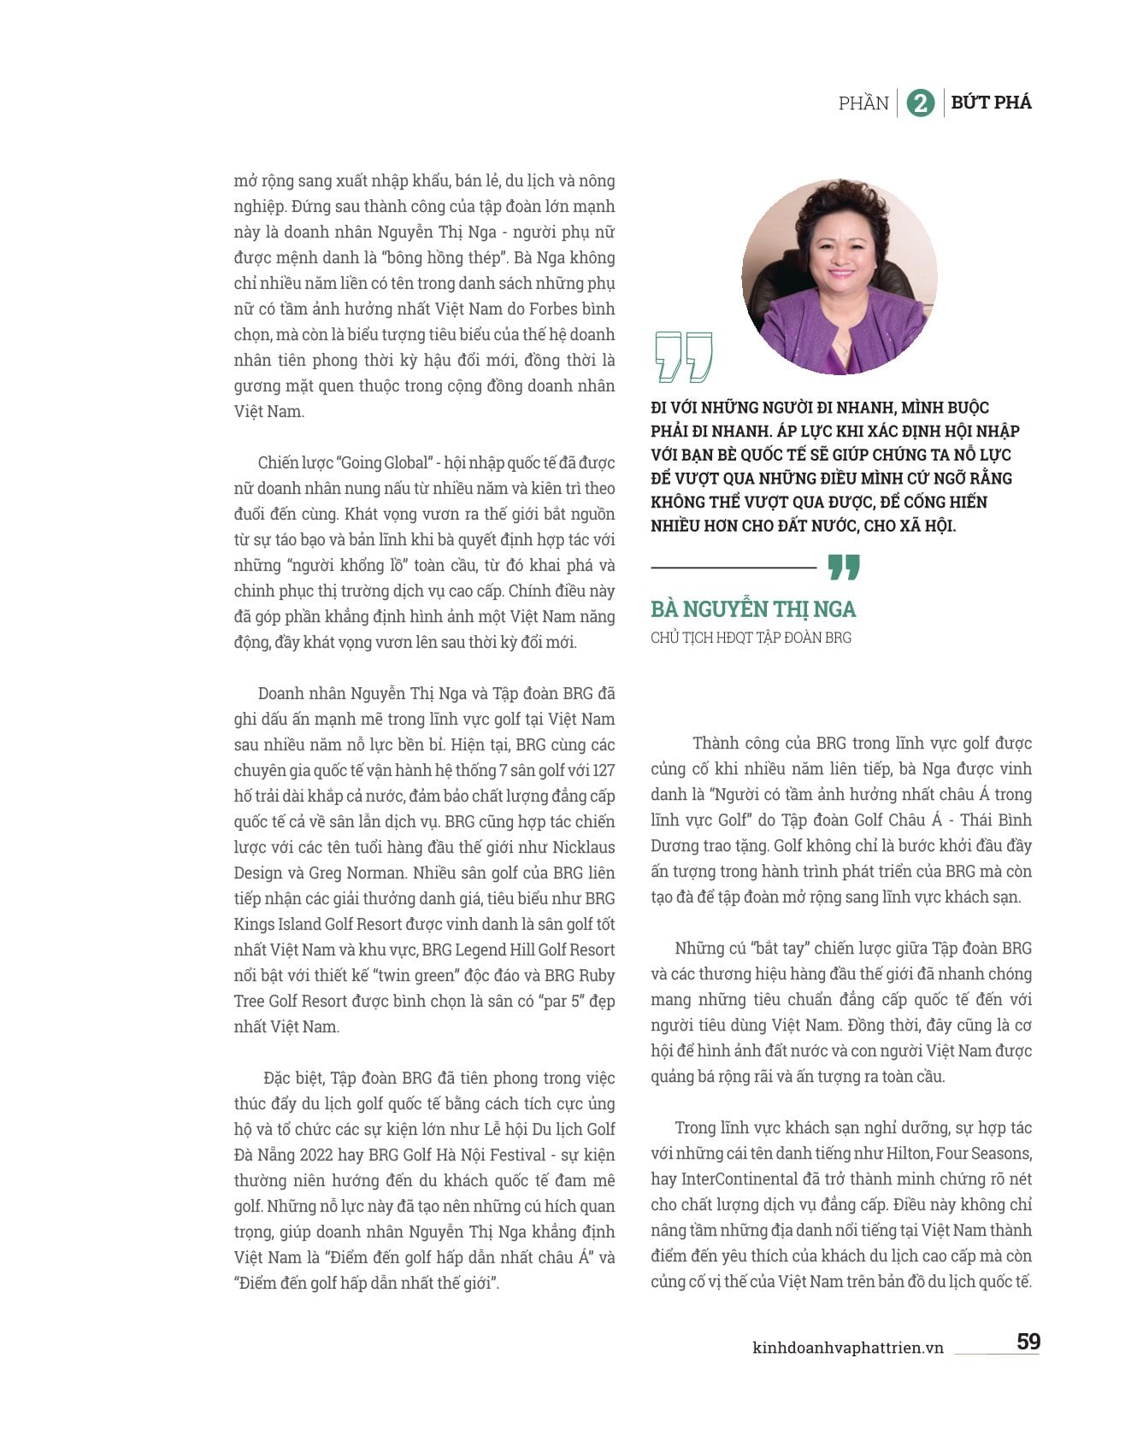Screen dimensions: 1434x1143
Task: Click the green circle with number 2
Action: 920,103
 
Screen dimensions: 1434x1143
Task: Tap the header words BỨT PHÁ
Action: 991,103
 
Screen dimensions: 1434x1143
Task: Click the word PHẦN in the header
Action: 863,103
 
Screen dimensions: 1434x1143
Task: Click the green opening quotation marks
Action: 683,356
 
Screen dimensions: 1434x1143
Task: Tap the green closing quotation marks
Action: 844,567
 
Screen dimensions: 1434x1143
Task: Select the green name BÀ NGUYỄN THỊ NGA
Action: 753,609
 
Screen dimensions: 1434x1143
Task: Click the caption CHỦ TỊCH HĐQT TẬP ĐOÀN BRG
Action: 751,638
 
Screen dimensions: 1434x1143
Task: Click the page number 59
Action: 1028,1342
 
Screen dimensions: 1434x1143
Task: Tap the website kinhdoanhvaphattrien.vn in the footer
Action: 848,1348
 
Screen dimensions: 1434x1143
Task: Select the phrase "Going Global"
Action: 384,463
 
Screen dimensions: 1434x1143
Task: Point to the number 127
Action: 603,771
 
